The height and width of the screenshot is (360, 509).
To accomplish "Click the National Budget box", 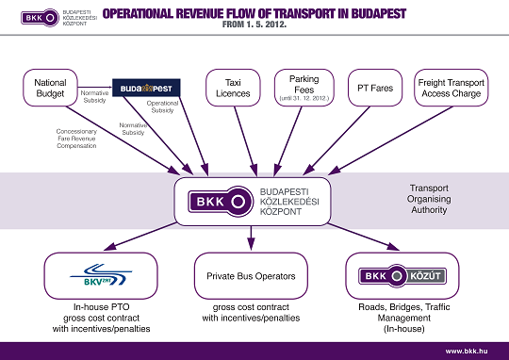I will [50, 89].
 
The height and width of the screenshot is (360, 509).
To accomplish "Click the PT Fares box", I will [376, 89].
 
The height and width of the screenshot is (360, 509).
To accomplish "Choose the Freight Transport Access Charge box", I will [451, 89].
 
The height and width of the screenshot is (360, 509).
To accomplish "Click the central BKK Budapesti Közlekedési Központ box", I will [252, 201].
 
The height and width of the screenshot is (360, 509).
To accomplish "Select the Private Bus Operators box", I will [252, 276].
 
